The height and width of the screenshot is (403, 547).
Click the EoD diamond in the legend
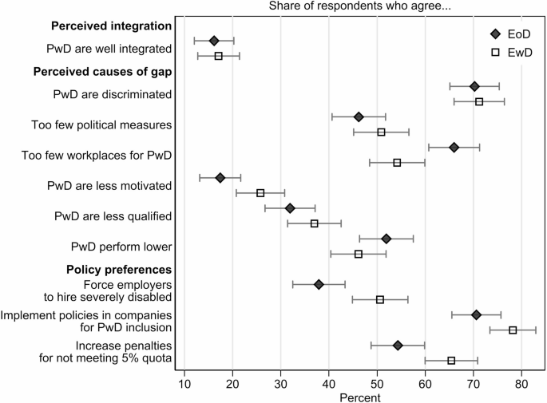(495, 34)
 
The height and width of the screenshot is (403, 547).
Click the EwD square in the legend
(495, 52)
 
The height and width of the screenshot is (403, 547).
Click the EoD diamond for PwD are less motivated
(220, 177)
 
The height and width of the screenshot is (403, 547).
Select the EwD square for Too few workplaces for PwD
(397, 162)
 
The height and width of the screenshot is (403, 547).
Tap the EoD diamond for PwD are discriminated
(474, 86)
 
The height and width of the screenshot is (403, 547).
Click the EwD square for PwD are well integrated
(218, 56)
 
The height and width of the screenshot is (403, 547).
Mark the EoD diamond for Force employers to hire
(319, 284)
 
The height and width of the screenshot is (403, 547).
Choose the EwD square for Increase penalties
(451, 361)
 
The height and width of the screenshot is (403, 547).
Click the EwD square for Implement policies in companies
(513, 330)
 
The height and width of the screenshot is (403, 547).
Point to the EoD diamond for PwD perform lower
(386, 239)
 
